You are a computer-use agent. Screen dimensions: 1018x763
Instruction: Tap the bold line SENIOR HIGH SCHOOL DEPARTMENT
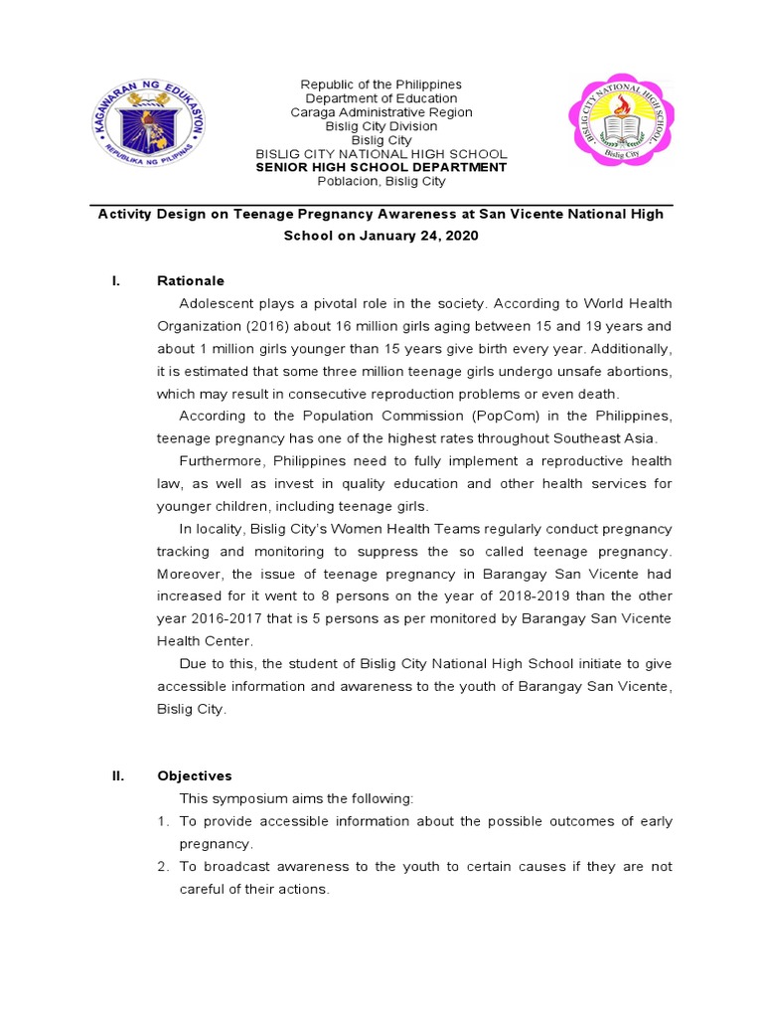pos(381,168)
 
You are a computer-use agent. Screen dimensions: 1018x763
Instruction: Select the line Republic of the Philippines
pos(381,85)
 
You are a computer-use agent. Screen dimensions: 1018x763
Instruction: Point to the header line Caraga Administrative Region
pos(381,112)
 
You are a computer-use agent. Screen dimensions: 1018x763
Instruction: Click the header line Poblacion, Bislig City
pos(381,182)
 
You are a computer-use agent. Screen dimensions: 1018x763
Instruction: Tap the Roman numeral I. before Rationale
pos(116,280)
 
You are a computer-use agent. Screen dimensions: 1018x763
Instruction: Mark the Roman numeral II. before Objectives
pos(117,775)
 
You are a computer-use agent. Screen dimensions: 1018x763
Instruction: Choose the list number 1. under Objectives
pos(163,821)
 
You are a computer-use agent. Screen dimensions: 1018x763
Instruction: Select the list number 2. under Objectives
pos(163,867)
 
